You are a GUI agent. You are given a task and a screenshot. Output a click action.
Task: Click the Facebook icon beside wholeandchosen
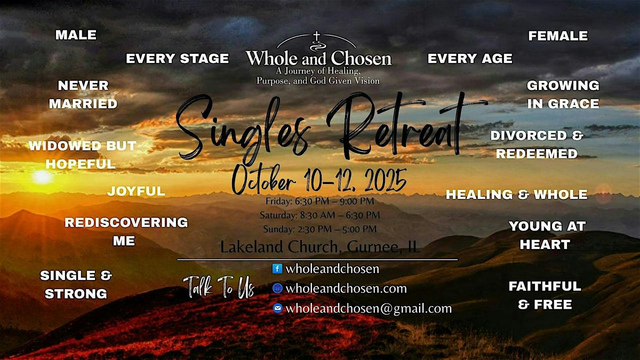pos(277,269)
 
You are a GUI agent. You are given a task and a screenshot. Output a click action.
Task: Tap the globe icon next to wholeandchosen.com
pos(277,289)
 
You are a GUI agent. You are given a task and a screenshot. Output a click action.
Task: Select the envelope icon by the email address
pos(277,308)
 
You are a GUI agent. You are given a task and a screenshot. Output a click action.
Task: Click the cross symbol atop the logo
pos(316,36)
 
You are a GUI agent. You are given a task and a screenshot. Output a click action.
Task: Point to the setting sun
pos(42,177)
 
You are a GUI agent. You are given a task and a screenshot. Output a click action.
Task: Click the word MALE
pos(76,35)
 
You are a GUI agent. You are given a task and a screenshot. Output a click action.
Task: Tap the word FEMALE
pos(558,36)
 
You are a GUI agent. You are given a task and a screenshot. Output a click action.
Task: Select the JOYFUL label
pos(137,191)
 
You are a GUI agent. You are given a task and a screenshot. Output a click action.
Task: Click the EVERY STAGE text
pos(177,59)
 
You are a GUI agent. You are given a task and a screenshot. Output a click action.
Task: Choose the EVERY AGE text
pos(470,59)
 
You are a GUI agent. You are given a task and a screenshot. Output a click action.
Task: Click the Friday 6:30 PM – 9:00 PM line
pos(319,201)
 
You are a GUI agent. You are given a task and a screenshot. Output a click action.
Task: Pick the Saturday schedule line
pos(319,215)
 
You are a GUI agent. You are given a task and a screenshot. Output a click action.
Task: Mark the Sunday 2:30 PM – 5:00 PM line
pos(319,229)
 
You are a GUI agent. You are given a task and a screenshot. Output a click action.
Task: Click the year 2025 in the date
pos(386,180)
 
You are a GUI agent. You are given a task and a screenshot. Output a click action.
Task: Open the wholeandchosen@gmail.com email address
pos(369,309)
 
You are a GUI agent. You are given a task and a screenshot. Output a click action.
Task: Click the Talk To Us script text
pos(219,286)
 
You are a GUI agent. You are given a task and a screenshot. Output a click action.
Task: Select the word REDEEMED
pos(537,154)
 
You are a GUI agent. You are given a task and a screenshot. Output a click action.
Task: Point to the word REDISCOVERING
pos(126,222)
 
